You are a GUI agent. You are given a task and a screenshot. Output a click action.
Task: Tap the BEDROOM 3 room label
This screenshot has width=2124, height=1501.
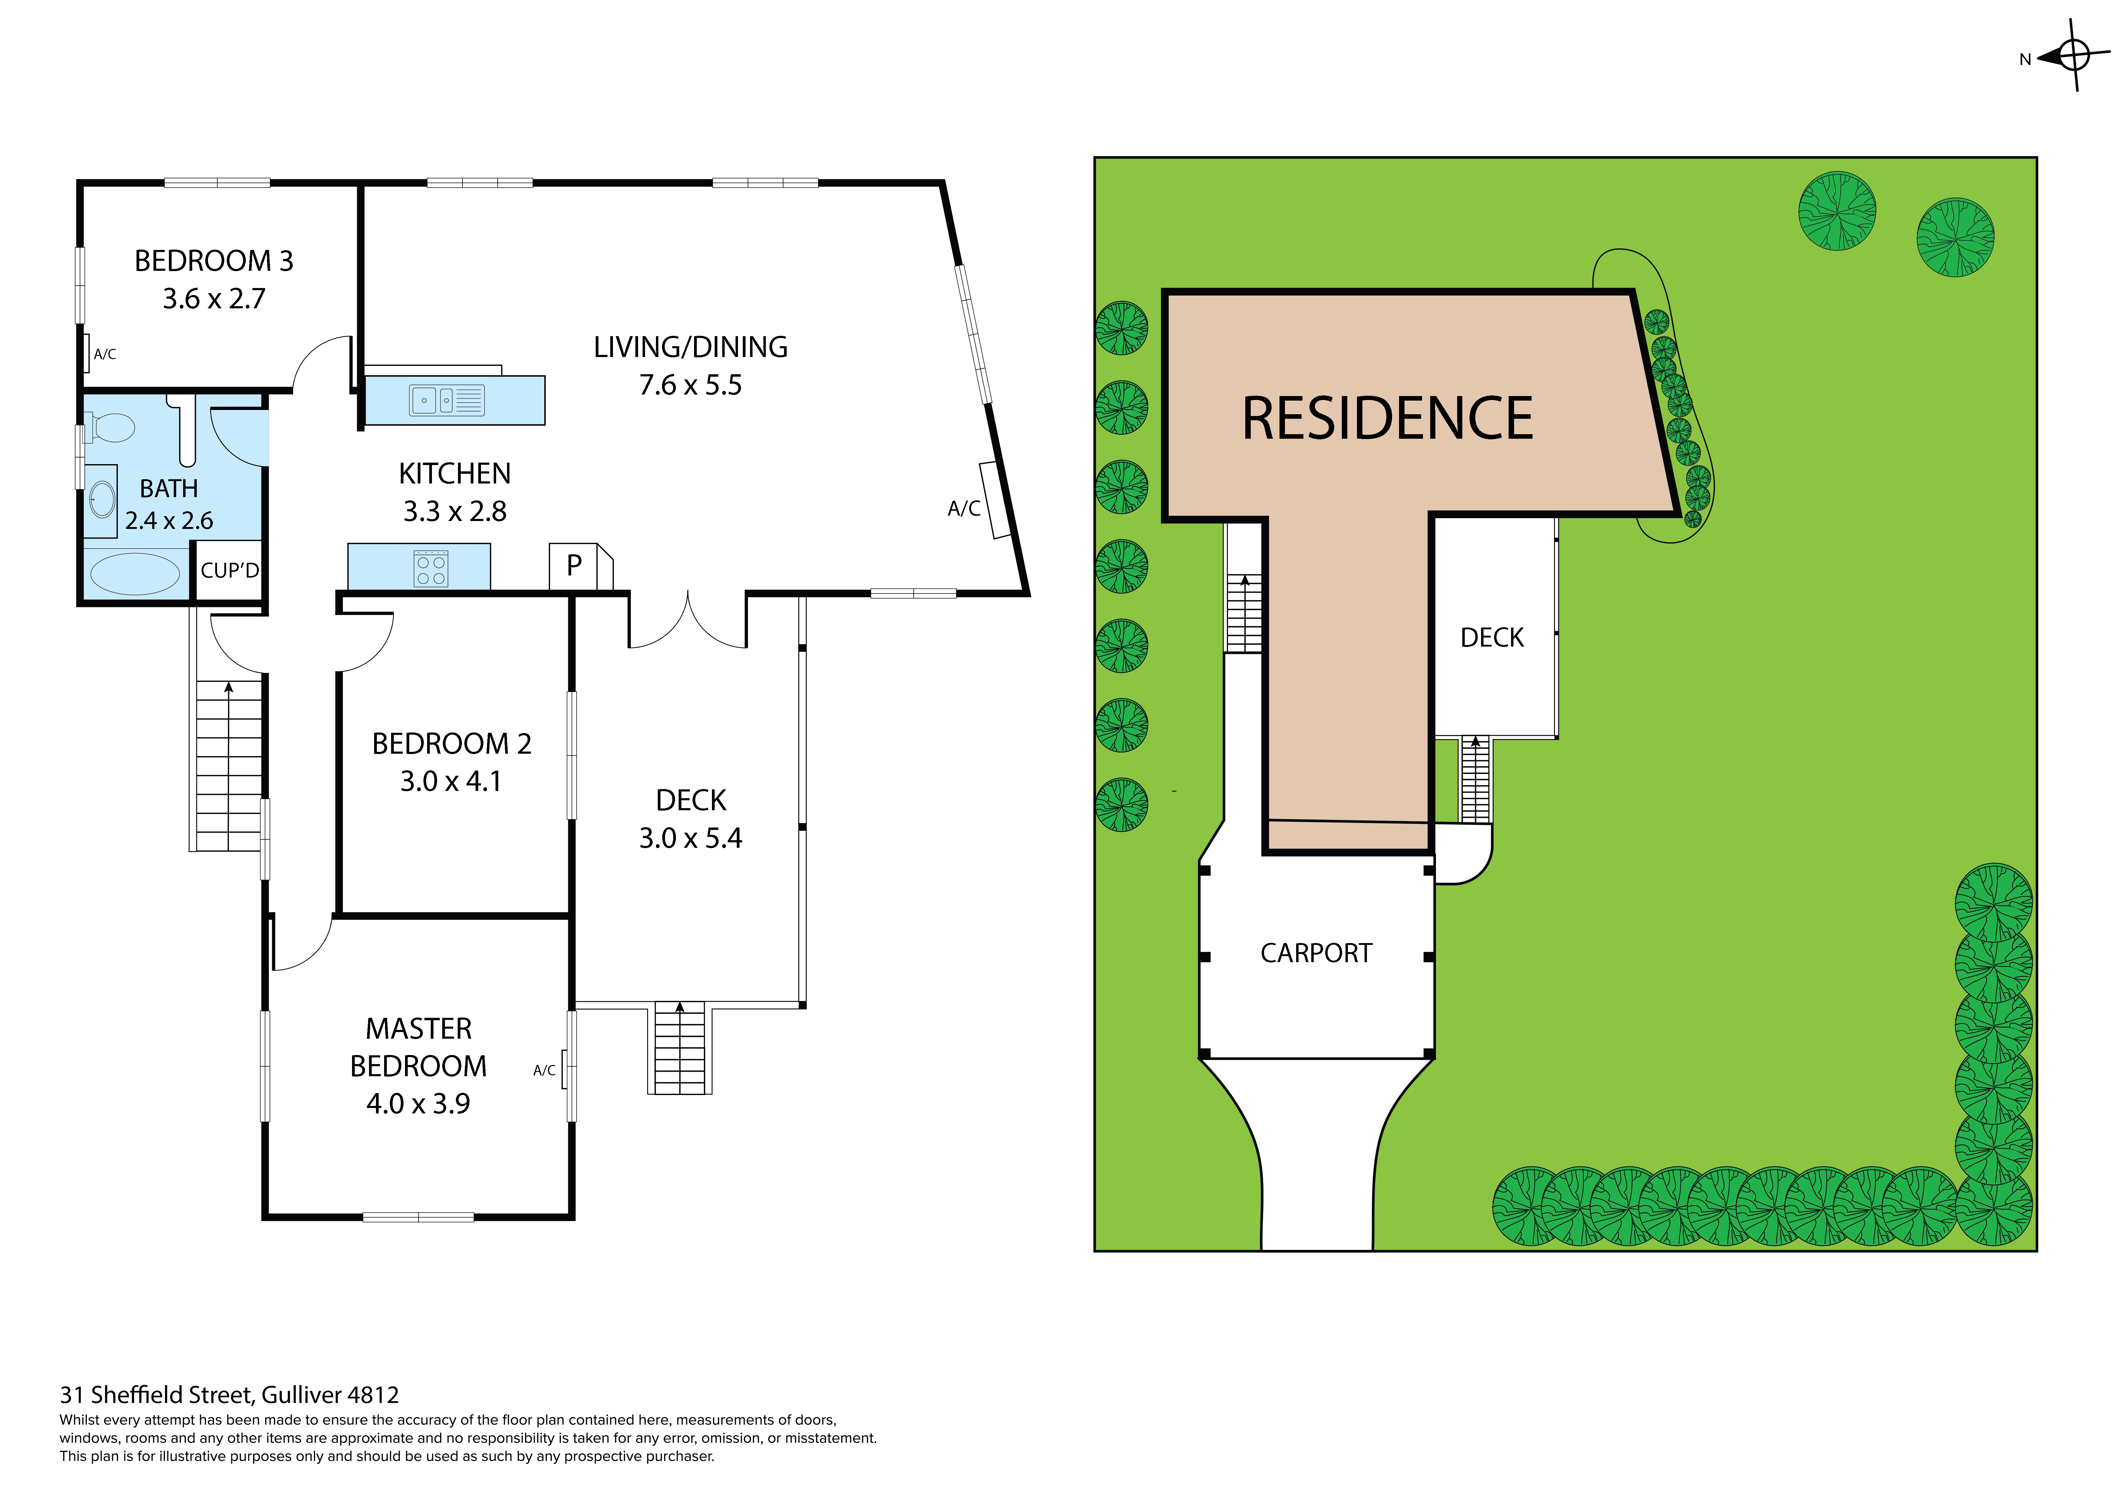click(214, 261)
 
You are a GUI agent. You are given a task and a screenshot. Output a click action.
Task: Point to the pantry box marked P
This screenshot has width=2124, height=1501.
click(575, 566)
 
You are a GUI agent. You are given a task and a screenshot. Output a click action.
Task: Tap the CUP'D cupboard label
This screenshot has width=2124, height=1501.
click(229, 571)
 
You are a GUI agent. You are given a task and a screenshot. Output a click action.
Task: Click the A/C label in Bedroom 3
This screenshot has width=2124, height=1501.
click(104, 354)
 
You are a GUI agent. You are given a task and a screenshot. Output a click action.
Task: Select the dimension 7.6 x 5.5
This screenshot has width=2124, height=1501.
click(690, 385)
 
